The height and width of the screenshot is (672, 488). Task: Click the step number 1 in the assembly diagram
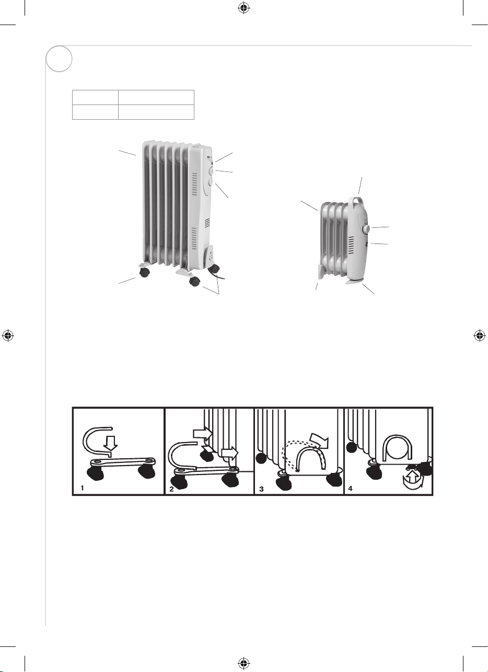tap(82, 489)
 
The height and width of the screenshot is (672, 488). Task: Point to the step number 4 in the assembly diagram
tap(351, 489)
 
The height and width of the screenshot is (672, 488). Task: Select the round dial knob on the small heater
tap(367, 229)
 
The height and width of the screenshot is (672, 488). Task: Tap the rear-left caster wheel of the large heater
tap(145, 272)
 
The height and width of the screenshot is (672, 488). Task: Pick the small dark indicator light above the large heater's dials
tap(212, 163)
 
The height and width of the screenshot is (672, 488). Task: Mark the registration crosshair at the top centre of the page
tap(244, 8)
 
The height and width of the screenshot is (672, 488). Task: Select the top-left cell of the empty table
tap(95, 97)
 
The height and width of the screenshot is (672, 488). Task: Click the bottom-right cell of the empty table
tap(156, 112)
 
